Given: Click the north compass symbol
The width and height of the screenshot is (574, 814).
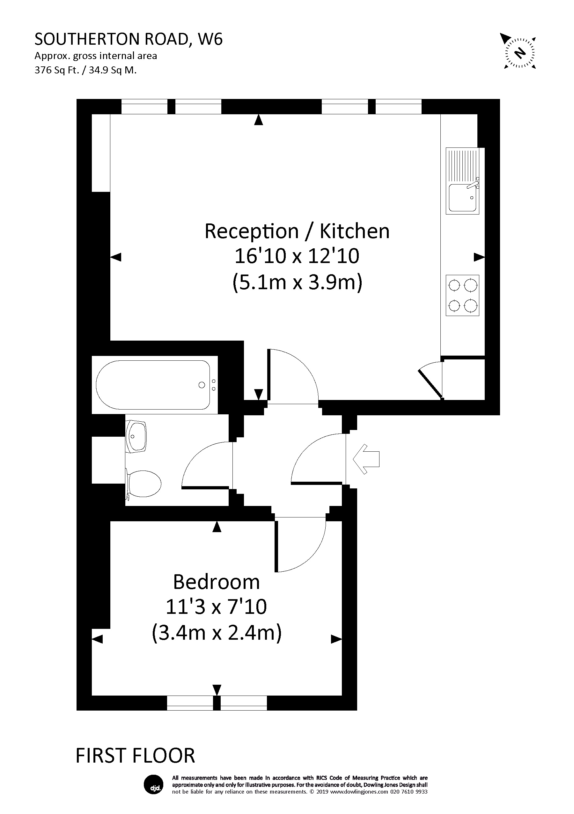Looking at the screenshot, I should click(519, 53).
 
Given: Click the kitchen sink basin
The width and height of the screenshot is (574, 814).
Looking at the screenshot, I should click(462, 198).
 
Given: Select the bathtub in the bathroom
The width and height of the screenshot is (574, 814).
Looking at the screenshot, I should click(153, 385).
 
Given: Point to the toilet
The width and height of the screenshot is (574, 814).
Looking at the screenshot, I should click(143, 484).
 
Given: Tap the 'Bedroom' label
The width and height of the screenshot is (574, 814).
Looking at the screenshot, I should click(216, 582).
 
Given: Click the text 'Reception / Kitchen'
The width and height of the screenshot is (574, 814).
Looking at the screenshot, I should click(297, 231).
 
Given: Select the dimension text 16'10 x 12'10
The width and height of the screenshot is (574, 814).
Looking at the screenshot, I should click(297, 256).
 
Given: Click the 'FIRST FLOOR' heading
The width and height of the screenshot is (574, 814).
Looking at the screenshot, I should click(135, 756).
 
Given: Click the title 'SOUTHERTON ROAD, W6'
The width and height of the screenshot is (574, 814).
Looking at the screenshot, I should click(129, 39).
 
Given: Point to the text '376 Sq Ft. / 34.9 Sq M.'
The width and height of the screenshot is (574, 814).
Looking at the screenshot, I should click(85, 70).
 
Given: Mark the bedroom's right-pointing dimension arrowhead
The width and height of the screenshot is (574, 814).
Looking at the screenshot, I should click(336, 639).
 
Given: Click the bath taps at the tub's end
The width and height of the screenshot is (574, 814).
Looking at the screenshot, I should click(214, 385).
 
